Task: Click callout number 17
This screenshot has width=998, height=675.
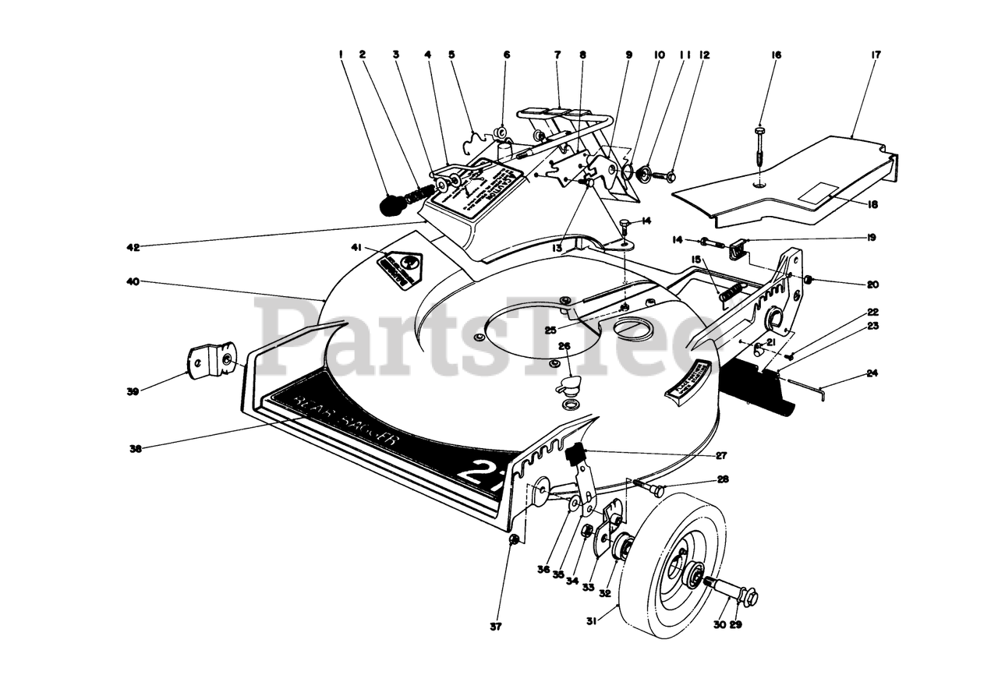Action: [x=876, y=55]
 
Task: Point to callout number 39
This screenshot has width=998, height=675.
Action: [x=133, y=391]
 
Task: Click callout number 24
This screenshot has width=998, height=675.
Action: [x=872, y=373]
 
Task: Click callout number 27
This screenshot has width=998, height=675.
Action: [x=721, y=455]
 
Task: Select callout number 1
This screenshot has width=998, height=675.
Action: [x=341, y=55]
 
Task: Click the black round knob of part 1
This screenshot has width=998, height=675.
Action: [x=391, y=206]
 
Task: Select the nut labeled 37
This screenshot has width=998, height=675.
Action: [x=513, y=540]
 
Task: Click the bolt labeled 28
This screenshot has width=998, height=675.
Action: [x=655, y=489]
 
